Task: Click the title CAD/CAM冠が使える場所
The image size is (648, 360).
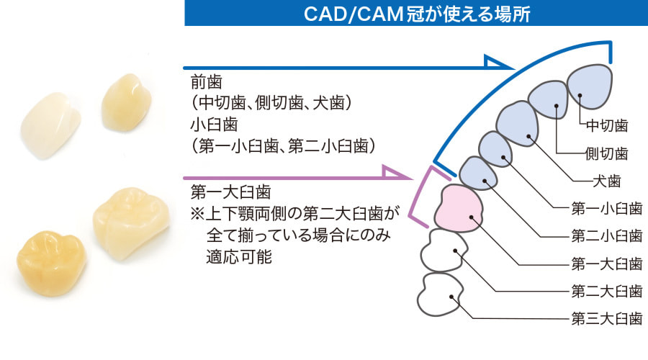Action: point(417,13)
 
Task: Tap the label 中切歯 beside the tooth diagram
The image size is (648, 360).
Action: point(607,125)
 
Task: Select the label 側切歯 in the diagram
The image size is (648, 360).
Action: point(607,153)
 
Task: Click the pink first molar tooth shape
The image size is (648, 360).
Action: point(459,209)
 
